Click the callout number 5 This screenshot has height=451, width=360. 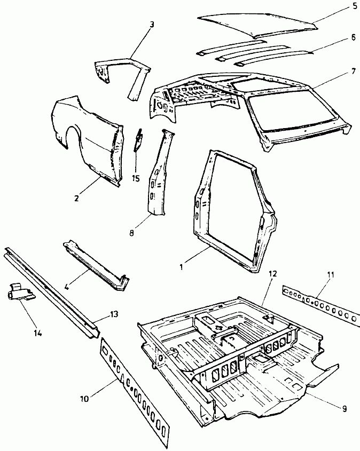point(355,6)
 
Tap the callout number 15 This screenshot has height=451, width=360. point(136,178)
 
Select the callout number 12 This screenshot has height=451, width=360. point(272,274)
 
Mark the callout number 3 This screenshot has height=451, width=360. point(152,25)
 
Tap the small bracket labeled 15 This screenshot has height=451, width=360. point(138,140)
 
